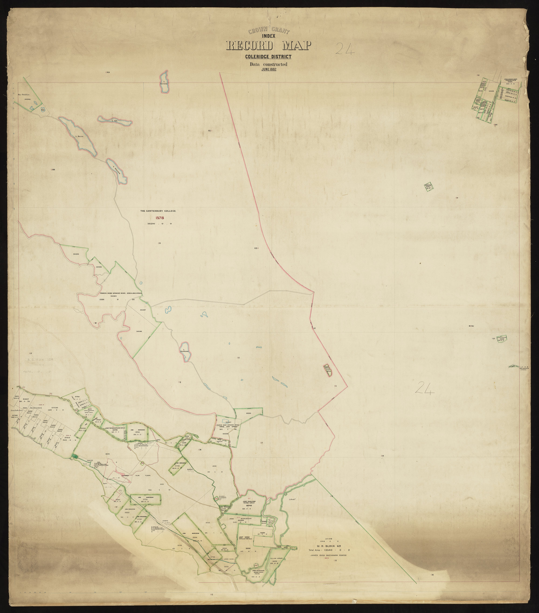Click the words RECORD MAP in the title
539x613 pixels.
click(269, 46)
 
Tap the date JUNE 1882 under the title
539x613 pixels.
click(269, 69)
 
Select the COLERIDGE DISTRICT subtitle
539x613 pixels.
click(268, 57)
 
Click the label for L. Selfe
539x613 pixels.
click(79, 136)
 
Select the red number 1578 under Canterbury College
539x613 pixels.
click(160, 218)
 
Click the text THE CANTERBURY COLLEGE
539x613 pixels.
click(158, 211)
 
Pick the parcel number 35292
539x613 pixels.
click(76, 254)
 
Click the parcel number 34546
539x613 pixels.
click(139, 331)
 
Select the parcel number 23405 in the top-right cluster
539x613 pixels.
click(491, 91)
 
